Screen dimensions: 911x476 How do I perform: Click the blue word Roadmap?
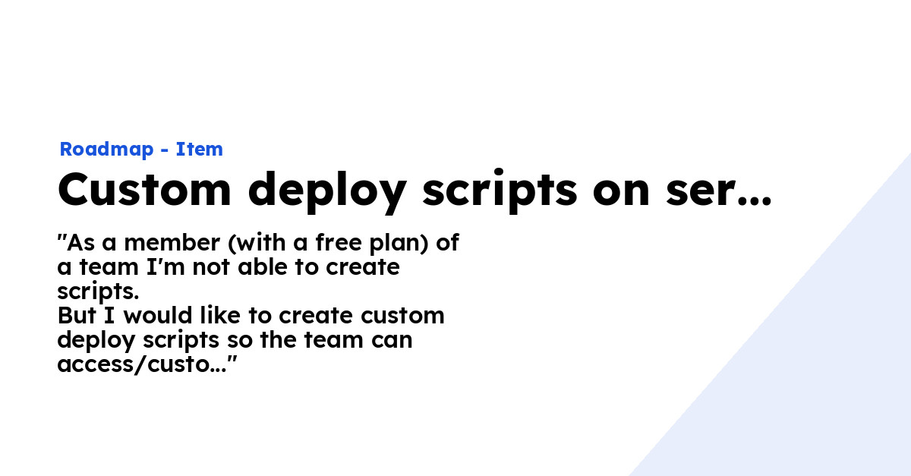[x=106, y=150]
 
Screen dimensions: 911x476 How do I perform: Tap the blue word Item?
[x=199, y=149]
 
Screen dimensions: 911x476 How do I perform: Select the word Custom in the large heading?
[x=144, y=190]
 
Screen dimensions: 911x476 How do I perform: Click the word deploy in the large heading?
[x=327, y=191]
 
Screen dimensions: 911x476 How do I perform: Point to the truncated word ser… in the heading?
[x=719, y=191]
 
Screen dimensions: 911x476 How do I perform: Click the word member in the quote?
[x=172, y=242]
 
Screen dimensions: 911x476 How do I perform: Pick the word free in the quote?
[x=339, y=242]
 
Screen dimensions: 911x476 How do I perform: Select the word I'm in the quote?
[x=165, y=267]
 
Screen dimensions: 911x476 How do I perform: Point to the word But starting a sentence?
[x=77, y=315]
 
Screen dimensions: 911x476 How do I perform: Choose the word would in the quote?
[x=158, y=315]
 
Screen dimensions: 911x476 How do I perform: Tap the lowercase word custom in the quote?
[x=402, y=315]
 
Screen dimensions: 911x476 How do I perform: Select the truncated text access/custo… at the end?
[x=147, y=364]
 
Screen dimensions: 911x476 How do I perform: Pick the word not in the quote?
[x=211, y=268]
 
